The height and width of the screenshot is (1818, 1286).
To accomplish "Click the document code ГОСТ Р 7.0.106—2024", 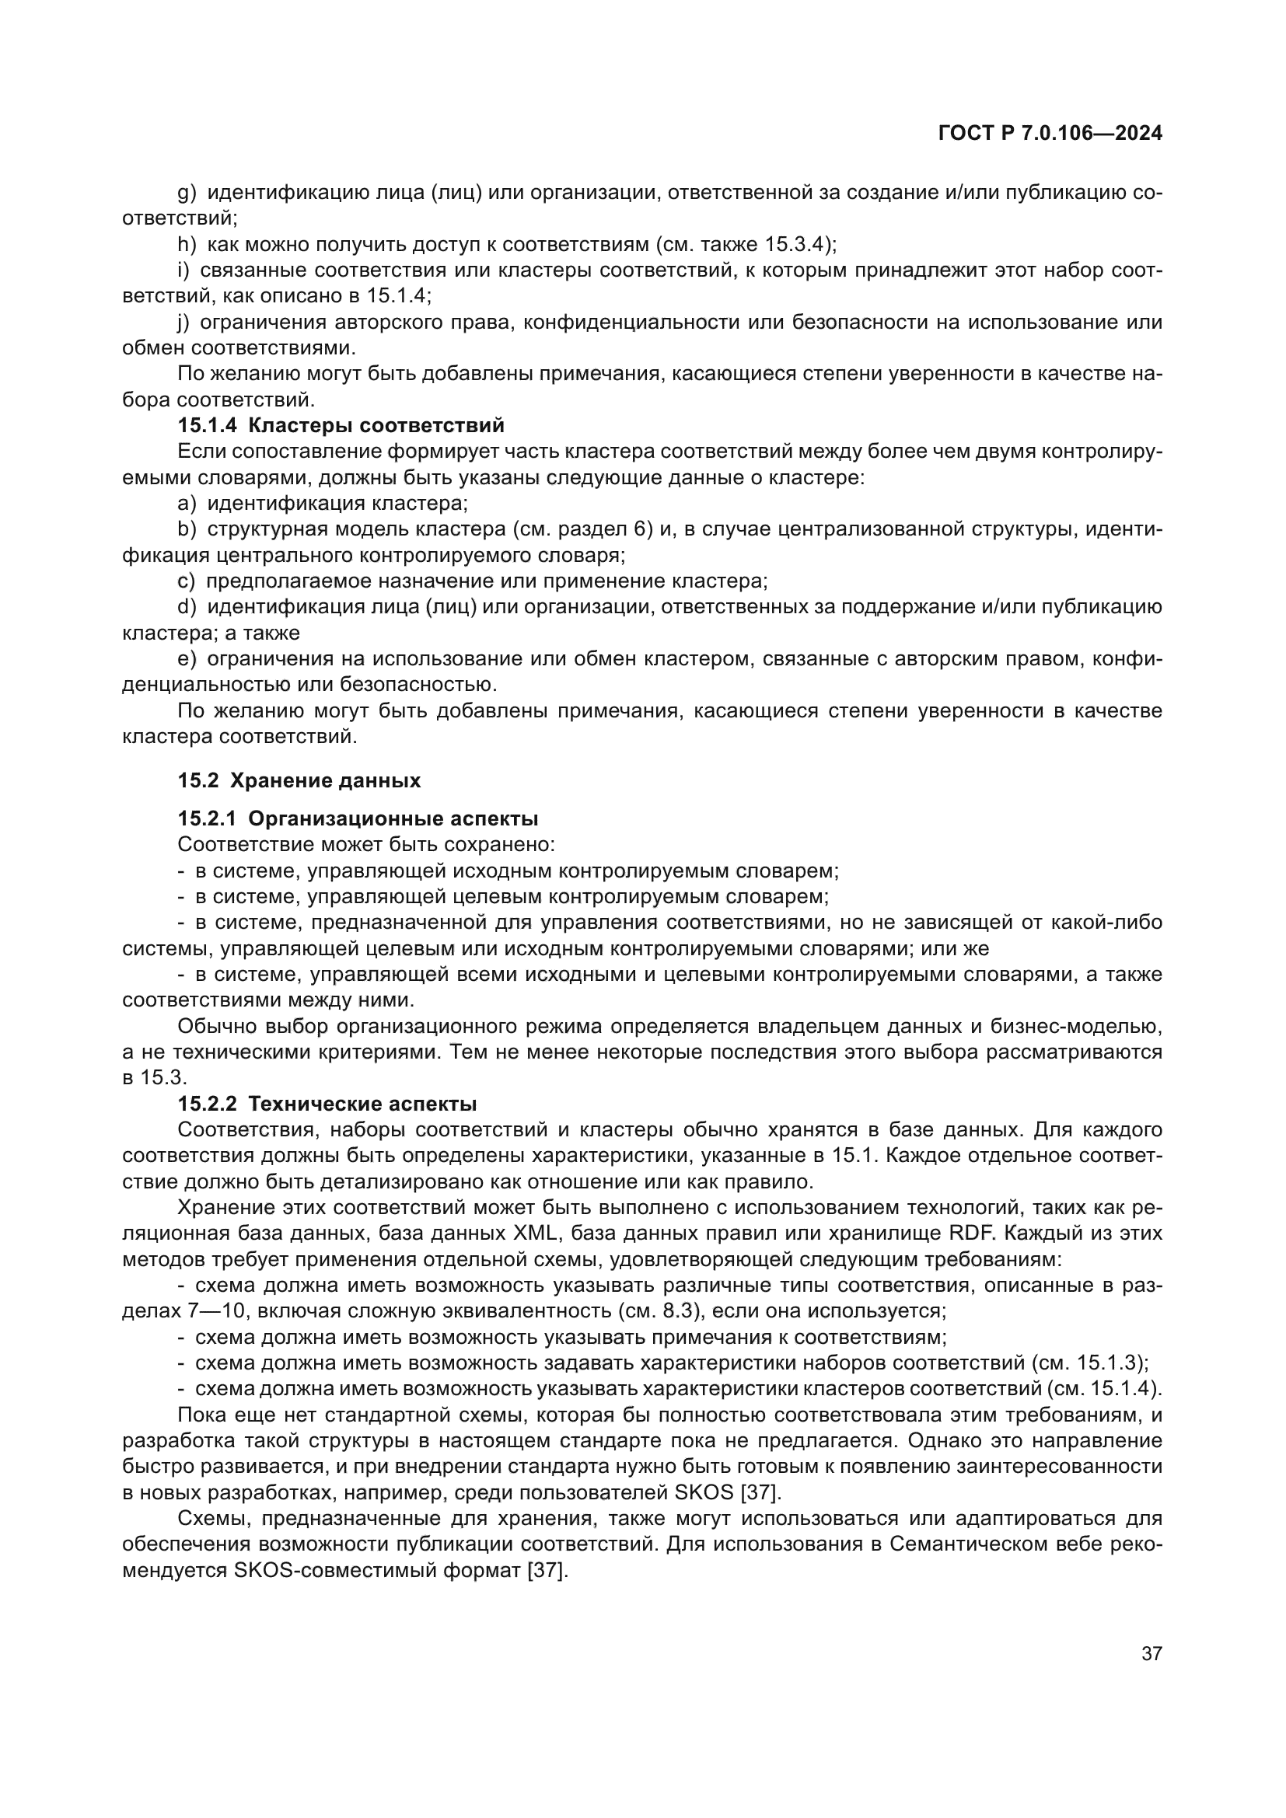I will pyautogui.click(x=1049, y=134).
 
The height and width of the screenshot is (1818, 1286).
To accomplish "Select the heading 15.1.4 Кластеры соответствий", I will pyautogui.click(x=341, y=426).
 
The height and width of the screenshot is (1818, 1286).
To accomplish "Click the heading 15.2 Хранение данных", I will pyautogui.click(x=299, y=780).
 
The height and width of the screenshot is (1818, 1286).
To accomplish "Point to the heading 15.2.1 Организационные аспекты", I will pyautogui.click(x=358, y=818).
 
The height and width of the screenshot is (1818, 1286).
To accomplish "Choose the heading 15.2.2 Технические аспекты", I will pyautogui.click(x=327, y=1104).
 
